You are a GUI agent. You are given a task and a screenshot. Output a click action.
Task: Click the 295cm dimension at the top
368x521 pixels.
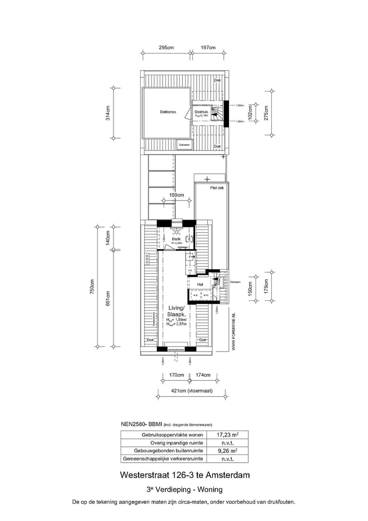tap(166, 48)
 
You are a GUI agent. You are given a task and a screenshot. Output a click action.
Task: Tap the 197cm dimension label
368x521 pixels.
tap(208, 48)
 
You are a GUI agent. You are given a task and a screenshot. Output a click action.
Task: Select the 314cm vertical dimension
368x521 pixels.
tap(108, 114)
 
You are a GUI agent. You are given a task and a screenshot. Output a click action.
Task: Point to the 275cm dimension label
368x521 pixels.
tap(265, 113)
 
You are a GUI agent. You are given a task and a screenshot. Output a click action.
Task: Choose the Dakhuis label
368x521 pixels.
tap(202, 112)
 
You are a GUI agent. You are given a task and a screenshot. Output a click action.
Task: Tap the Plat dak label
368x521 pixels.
tap(217, 188)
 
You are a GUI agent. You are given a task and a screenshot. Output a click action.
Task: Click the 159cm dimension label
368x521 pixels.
tap(176, 195)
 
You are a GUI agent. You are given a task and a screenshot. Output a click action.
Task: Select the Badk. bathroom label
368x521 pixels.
tap(176, 239)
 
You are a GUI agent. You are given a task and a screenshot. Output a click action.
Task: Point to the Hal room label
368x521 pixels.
tap(200, 284)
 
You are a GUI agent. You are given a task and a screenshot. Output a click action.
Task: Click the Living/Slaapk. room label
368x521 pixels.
tap(176, 311)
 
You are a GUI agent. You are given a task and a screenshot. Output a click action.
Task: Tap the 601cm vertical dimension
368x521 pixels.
tap(108, 299)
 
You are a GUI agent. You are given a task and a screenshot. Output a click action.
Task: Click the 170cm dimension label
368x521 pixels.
tap(176, 375)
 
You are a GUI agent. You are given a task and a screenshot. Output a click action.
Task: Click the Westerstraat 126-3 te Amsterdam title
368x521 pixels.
tap(185, 475)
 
